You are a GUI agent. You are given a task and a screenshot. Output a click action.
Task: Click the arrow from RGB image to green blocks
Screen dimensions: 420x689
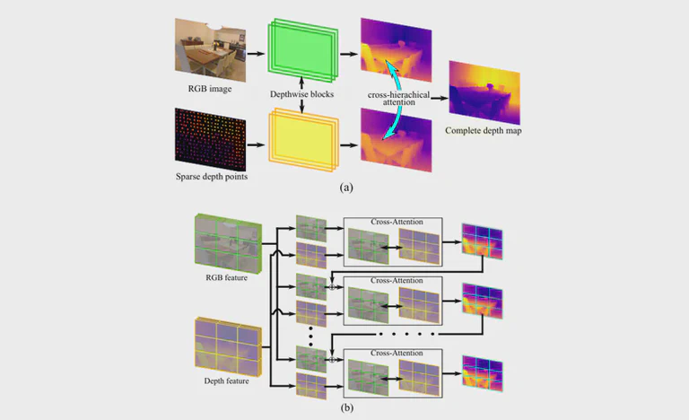click(255, 54)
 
